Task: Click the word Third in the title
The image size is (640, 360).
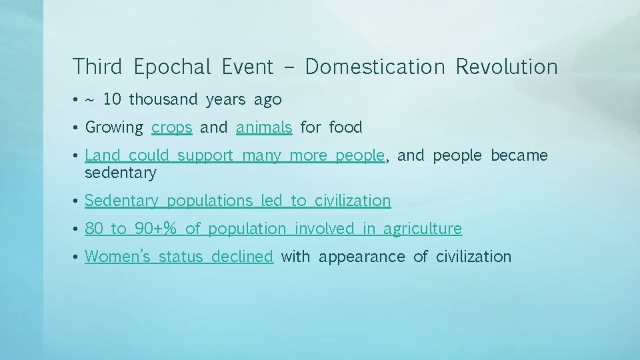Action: point(97,67)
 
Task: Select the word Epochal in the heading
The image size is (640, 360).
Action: point(172,67)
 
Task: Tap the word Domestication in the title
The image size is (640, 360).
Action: point(375,67)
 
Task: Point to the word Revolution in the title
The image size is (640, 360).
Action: point(507,67)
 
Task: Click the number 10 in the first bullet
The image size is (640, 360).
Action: point(112,100)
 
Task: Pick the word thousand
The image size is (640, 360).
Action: point(163,100)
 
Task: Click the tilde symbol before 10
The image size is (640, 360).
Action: point(89,100)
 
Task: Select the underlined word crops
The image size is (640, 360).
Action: point(172,127)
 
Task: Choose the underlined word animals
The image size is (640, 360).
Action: point(264,127)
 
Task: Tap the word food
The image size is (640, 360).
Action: point(345,127)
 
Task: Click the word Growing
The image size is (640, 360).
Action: point(114,127)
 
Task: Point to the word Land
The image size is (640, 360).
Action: point(103,155)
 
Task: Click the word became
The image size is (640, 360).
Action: point(519,155)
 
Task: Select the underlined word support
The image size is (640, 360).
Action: point(205,156)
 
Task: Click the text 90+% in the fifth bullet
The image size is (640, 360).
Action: point(155,229)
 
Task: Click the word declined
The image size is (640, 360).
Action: point(241,256)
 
